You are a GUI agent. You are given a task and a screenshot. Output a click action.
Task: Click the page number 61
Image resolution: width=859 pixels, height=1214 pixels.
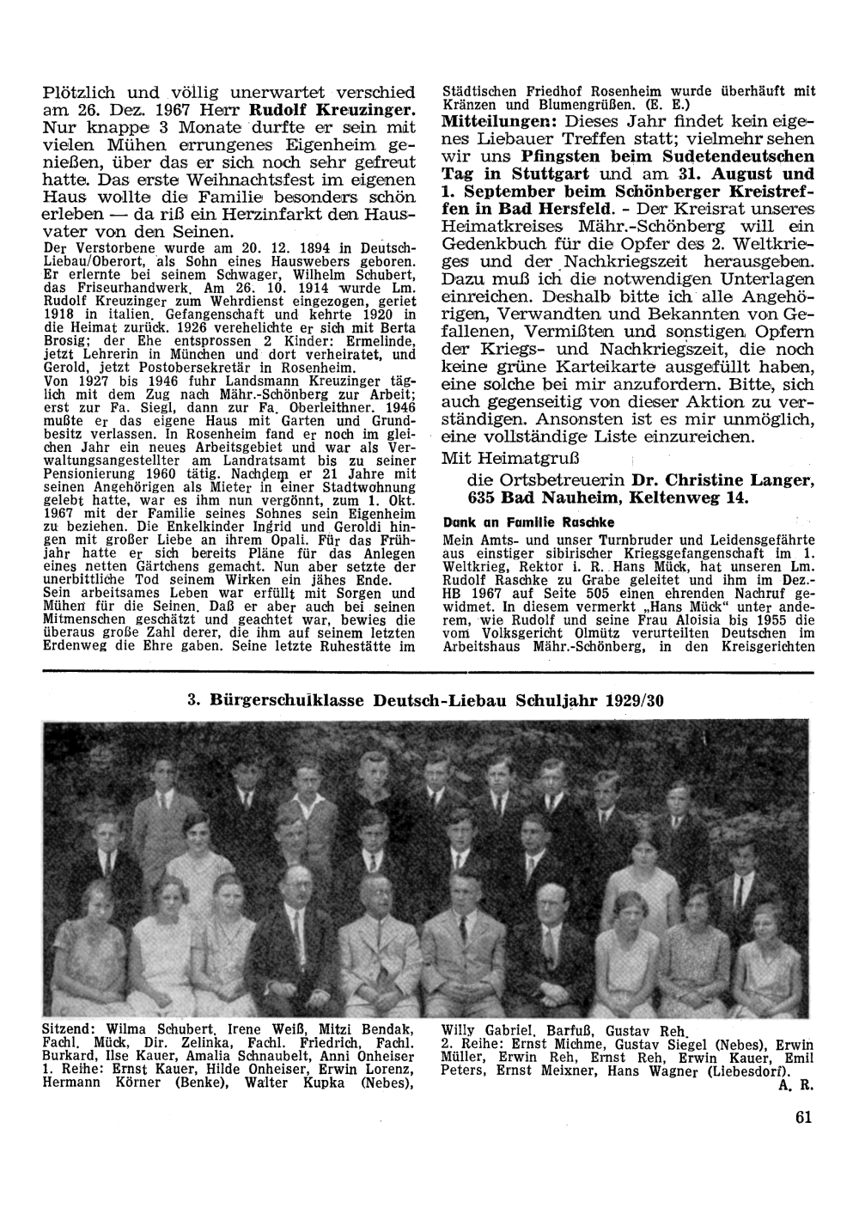[x=803, y=1118]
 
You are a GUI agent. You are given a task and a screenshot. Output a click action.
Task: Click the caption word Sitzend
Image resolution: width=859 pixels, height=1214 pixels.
[x=71, y=1028]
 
